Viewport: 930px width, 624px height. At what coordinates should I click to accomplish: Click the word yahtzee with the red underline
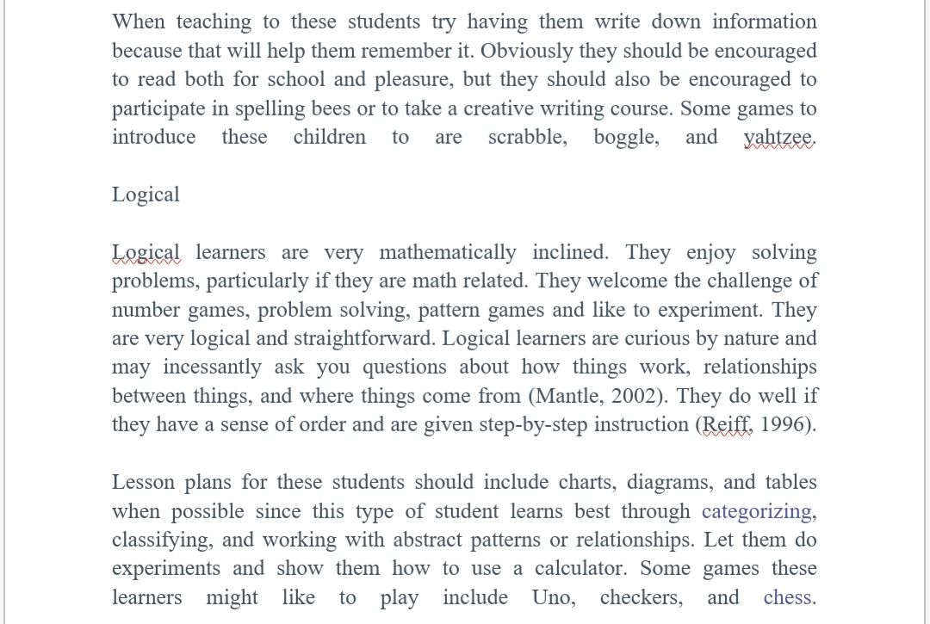tap(778, 138)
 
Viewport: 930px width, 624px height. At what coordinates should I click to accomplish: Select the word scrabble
tap(526, 138)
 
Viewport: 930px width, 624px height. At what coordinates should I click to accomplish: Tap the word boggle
tap(626, 138)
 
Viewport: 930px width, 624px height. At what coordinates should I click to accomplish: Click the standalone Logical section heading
tap(146, 195)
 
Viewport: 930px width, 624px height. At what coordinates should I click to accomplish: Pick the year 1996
tap(784, 425)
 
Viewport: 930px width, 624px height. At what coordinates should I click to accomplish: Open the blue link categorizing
tap(757, 511)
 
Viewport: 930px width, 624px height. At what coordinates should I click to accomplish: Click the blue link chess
tap(787, 597)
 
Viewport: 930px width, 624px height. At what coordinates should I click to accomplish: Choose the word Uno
tap(552, 597)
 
